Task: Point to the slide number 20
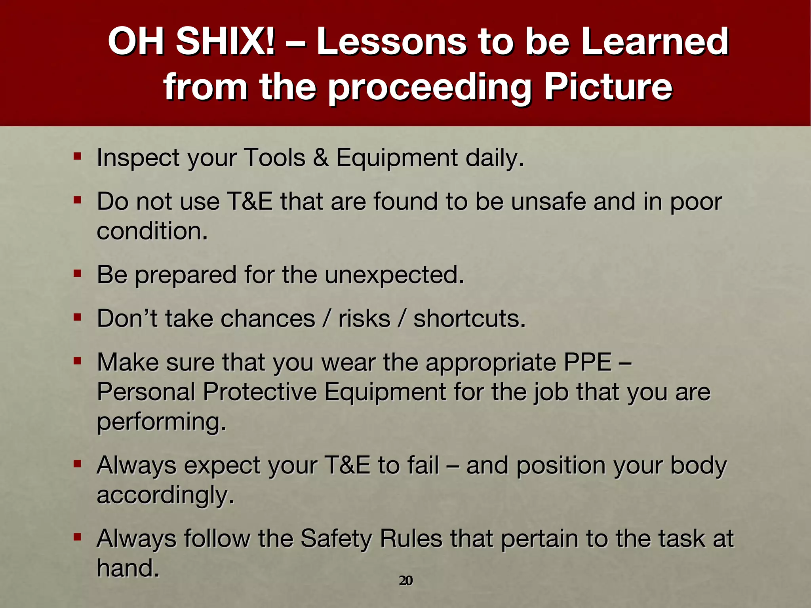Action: [405, 581]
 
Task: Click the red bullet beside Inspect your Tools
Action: [77, 156]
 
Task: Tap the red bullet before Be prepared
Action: [77, 273]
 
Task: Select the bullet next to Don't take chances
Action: [77, 317]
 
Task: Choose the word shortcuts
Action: [469, 319]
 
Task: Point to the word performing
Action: [161, 422]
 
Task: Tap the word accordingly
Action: [165, 496]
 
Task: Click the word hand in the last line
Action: [128, 568]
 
